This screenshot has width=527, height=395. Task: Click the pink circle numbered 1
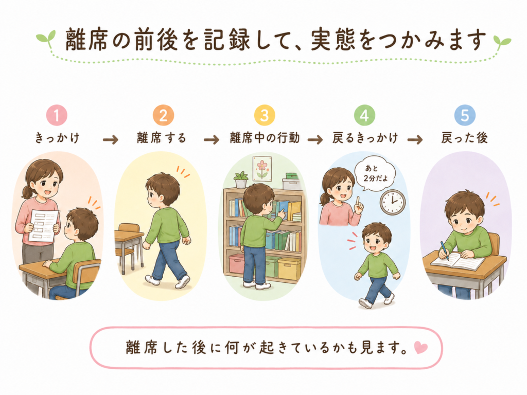pyautogui.click(x=57, y=115)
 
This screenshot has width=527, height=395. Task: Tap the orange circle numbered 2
pyautogui.click(x=163, y=115)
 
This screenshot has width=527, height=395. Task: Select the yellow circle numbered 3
pyautogui.click(x=265, y=115)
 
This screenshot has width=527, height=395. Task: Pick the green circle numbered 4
pyautogui.click(x=365, y=115)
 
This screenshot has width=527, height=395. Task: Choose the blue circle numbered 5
pyautogui.click(x=465, y=115)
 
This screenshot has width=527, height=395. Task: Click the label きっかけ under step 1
pyautogui.click(x=58, y=138)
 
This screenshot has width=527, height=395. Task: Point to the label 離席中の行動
pyautogui.click(x=265, y=138)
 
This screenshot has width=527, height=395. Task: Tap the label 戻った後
pyautogui.click(x=465, y=138)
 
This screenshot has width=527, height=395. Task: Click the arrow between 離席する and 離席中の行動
pyautogui.click(x=212, y=139)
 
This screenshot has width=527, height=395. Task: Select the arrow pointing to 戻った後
pyautogui.click(x=415, y=139)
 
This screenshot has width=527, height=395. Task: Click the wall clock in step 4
pyautogui.click(x=393, y=202)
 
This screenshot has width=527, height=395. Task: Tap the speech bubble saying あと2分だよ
pyautogui.click(x=375, y=174)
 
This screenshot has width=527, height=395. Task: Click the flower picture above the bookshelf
pyautogui.click(x=261, y=168)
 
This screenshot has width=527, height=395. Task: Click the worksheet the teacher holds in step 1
pyautogui.click(x=43, y=226)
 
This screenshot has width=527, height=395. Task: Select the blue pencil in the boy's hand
pyautogui.click(x=444, y=251)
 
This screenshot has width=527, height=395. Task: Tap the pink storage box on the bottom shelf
pyautogui.click(x=238, y=263)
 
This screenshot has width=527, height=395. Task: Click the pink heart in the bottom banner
pyautogui.click(x=420, y=348)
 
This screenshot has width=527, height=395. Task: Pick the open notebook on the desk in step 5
pyautogui.click(x=458, y=261)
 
